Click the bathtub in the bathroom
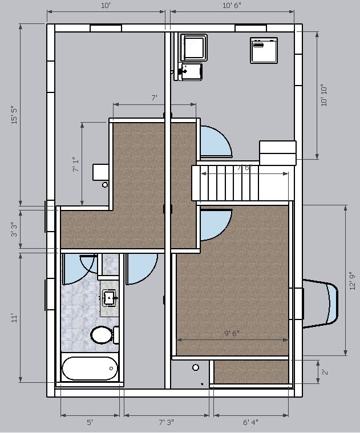[x=90, y=369]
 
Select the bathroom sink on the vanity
[x=109, y=297]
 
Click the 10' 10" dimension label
[x=325, y=95]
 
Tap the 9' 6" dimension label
[x=231, y=334]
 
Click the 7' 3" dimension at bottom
[x=166, y=423]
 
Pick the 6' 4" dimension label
[x=250, y=423]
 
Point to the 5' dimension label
[x=90, y=423]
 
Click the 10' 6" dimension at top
[x=232, y=6]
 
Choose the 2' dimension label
[x=325, y=372]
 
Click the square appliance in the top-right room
[x=263, y=50]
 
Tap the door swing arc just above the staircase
[x=216, y=141]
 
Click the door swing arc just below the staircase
[x=216, y=224]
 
